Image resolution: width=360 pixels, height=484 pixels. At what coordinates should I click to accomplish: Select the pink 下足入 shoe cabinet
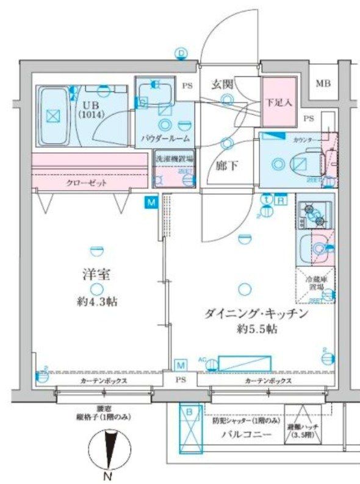[279, 102]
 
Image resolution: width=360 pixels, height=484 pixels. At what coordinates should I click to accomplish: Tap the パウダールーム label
[164, 138]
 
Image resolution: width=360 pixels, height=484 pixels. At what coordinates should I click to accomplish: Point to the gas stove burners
[314, 213]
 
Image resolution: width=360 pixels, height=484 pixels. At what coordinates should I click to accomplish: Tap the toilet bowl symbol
[300, 163]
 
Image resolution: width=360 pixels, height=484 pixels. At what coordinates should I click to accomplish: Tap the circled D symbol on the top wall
[181, 54]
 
